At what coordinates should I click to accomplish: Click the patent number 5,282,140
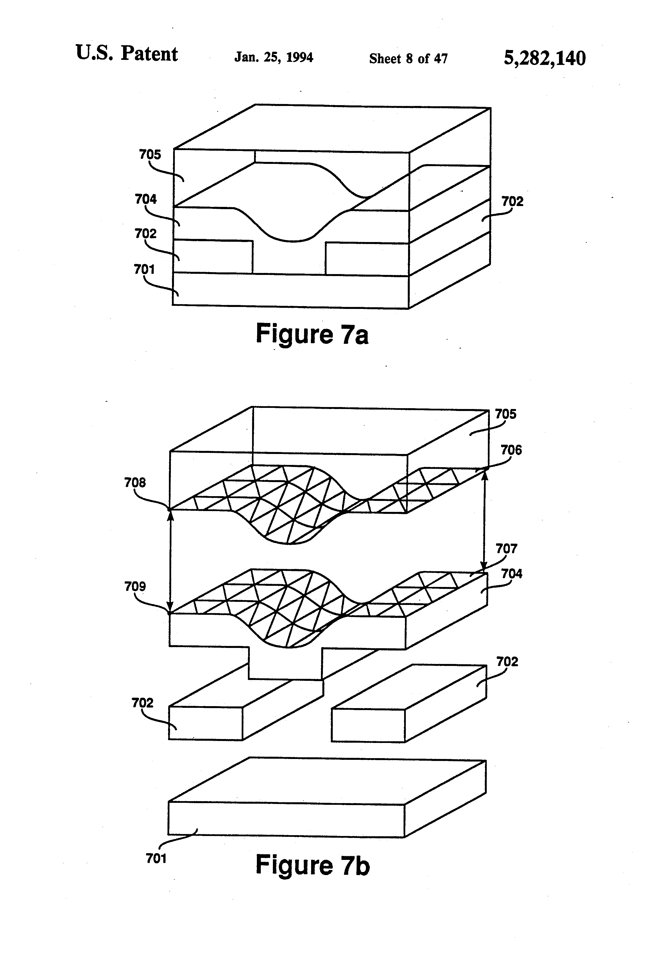(x=544, y=58)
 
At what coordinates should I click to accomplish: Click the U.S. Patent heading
(x=126, y=54)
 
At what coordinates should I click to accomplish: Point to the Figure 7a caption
(x=312, y=334)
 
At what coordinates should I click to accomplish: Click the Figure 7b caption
(x=313, y=865)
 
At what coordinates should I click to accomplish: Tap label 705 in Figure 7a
(x=150, y=155)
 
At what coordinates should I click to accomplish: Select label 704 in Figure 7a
(x=146, y=199)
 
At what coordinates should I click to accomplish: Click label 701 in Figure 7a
(x=144, y=269)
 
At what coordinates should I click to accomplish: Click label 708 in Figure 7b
(x=135, y=482)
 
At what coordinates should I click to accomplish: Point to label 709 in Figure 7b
(x=135, y=586)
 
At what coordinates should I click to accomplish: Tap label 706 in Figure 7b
(x=511, y=450)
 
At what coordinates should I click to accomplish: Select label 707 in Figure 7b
(x=506, y=549)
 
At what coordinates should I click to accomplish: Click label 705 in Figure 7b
(x=505, y=414)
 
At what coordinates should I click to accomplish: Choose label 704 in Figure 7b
(x=511, y=573)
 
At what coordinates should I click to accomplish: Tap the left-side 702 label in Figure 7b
(x=142, y=702)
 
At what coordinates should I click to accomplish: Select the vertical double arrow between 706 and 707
(x=485, y=521)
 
